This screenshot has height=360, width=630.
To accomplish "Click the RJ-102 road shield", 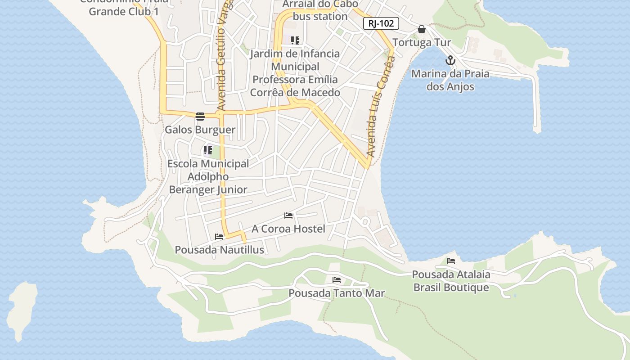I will click(x=381, y=23).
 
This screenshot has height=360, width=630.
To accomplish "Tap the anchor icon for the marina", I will click(x=450, y=60).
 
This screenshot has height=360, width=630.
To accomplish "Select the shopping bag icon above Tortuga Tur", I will click(x=422, y=30).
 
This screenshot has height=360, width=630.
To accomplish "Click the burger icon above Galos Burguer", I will click(x=200, y=117).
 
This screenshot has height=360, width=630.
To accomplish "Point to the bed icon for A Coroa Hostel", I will click(x=288, y=216).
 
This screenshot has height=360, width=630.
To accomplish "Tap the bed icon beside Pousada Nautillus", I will click(x=219, y=237).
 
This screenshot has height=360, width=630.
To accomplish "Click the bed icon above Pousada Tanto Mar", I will click(x=336, y=280).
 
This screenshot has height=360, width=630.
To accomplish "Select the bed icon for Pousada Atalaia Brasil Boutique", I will click(x=450, y=261).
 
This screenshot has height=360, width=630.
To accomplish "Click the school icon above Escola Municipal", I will click(x=207, y=150).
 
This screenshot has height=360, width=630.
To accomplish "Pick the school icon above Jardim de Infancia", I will click(x=295, y=40).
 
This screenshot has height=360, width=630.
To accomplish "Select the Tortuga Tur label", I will click(x=422, y=43).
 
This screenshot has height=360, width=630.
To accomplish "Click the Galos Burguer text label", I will click(x=200, y=130).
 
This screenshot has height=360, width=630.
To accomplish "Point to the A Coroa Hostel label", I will click(x=288, y=229).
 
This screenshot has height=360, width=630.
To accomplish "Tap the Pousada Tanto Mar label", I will click(x=336, y=293).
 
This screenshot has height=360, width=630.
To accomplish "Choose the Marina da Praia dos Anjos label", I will click(x=450, y=80).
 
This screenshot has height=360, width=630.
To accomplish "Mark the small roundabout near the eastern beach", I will click(x=365, y=221).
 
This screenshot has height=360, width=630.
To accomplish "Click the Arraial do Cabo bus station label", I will click(x=320, y=10).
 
